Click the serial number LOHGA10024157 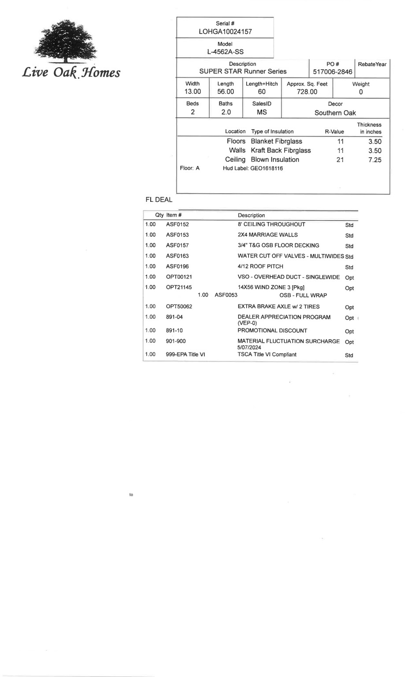225,32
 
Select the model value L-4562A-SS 225,52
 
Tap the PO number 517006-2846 333,72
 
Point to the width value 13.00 193,92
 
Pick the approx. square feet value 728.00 307,92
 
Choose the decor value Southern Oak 335,113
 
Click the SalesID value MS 262,112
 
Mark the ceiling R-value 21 340,160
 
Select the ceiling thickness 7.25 374,160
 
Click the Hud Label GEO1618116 267,168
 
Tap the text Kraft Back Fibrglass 281,151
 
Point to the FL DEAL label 159,200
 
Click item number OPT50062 179,307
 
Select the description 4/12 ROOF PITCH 260,267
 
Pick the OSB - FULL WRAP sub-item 303,295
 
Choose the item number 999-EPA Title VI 185,355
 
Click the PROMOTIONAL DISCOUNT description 272,331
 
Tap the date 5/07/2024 249,347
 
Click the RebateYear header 372,64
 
